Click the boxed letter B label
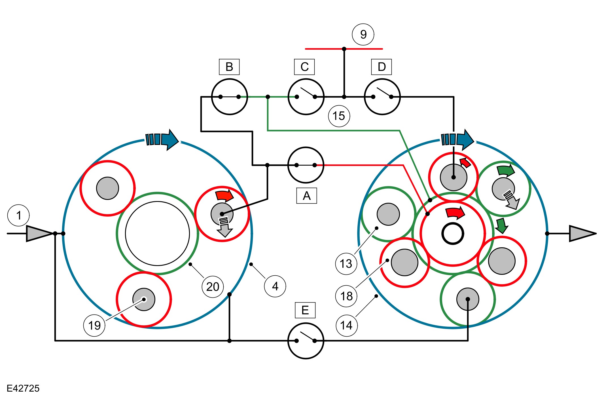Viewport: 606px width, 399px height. point(229,67)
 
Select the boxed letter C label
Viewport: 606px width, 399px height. point(304,67)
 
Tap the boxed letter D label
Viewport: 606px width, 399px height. point(382,67)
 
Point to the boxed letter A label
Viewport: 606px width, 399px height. point(306,196)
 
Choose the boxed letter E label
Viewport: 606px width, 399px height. point(305,310)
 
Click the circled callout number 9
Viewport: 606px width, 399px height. point(363,34)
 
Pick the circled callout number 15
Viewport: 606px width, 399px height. point(339,116)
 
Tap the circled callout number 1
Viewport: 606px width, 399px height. point(19,216)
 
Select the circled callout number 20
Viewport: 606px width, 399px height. point(213,287)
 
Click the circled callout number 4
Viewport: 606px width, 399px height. point(275,286)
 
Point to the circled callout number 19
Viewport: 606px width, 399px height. point(94,326)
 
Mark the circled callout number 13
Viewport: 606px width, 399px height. point(346,264)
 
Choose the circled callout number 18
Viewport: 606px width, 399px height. point(346,296)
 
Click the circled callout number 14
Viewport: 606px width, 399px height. point(346,326)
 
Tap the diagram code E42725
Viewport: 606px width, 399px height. point(23,388)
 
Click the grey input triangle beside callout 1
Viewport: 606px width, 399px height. point(38,233)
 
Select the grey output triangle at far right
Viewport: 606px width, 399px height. point(581,233)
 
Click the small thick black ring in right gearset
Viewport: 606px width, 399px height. point(453,234)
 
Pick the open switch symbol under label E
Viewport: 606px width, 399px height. point(306,341)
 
